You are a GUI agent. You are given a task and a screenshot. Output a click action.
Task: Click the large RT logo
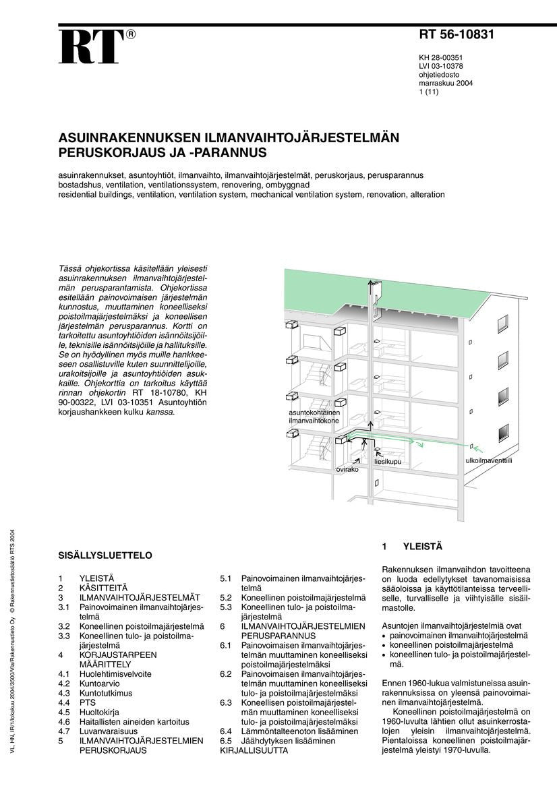tap(91, 47)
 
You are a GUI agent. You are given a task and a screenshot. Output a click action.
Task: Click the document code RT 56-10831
tap(457, 35)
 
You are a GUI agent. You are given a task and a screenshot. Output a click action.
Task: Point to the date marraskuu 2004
tap(446, 84)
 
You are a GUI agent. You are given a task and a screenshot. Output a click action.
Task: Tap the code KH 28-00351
tap(440, 58)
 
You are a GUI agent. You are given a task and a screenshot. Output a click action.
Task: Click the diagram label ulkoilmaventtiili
tap(489, 460)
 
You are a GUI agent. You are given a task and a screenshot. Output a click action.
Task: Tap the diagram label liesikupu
tap(388, 462)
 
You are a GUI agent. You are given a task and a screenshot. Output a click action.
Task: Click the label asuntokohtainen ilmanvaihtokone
tap(314, 416)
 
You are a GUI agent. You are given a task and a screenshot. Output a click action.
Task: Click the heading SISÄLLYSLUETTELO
tap(105, 555)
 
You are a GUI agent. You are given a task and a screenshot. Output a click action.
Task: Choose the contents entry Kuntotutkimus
tap(106, 693)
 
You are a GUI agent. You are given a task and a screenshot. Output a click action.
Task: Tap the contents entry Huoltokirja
tap(101, 712)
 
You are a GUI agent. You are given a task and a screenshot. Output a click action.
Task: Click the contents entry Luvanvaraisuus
tap(109, 731)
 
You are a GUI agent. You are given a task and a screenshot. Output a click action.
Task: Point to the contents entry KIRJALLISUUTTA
tap(254, 750)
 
